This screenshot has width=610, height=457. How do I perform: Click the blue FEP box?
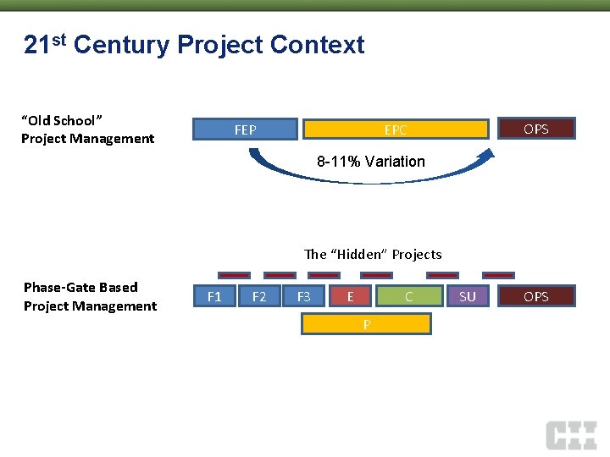(245, 129)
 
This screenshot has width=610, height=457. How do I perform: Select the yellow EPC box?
(396, 129)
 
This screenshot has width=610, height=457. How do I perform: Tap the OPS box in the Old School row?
(535, 129)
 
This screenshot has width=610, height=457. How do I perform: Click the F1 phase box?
(214, 296)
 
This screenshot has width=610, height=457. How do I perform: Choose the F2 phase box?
(259, 296)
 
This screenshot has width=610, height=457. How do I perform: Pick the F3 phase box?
(303, 296)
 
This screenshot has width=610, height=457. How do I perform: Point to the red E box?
(351, 296)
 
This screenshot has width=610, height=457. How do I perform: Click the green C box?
(409, 296)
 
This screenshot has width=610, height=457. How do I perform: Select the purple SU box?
(468, 296)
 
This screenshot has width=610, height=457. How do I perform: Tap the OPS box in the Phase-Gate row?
(535, 296)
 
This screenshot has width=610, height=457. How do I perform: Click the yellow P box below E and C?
(367, 324)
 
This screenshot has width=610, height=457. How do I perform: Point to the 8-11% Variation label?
(371, 162)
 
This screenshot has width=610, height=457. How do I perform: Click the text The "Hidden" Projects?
(373, 254)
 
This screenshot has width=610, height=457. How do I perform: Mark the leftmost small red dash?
(234, 275)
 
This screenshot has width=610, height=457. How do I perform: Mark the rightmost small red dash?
(498, 275)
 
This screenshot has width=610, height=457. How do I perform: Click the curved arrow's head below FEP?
(252, 153)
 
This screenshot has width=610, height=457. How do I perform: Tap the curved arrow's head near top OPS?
(489, 153)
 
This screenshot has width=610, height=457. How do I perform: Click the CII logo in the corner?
(571, 434)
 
